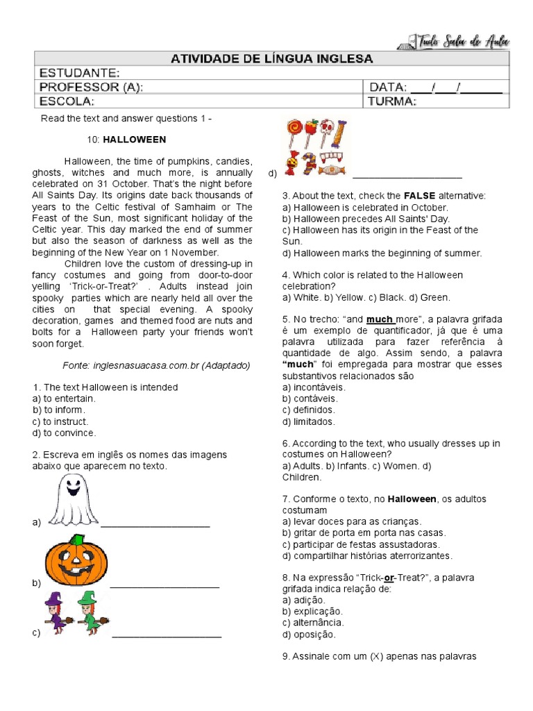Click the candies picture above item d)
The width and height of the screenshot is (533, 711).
point(316,147)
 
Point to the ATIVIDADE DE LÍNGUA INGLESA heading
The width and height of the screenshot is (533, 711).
point(271,58)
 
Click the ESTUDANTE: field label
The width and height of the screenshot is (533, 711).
point(79,74)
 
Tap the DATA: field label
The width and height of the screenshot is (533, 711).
point(388,87)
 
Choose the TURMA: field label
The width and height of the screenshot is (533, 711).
point(392,101)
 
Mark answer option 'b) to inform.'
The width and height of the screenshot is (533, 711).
point(60,410)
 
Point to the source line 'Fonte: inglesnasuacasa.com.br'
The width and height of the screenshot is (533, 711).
point(156,365)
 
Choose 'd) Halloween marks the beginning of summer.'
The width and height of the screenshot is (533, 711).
point(382,253)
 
